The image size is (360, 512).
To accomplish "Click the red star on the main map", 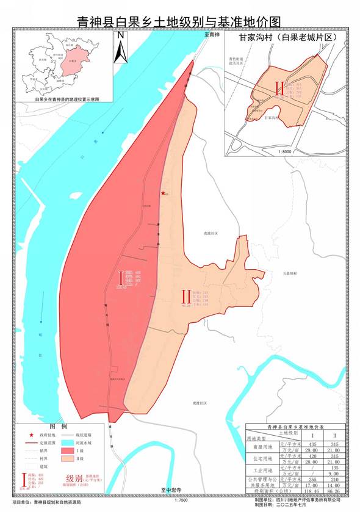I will coord(162,193).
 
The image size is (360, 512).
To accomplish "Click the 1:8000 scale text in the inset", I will coord(284,150).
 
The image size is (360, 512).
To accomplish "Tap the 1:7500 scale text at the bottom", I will coord(181,500).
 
